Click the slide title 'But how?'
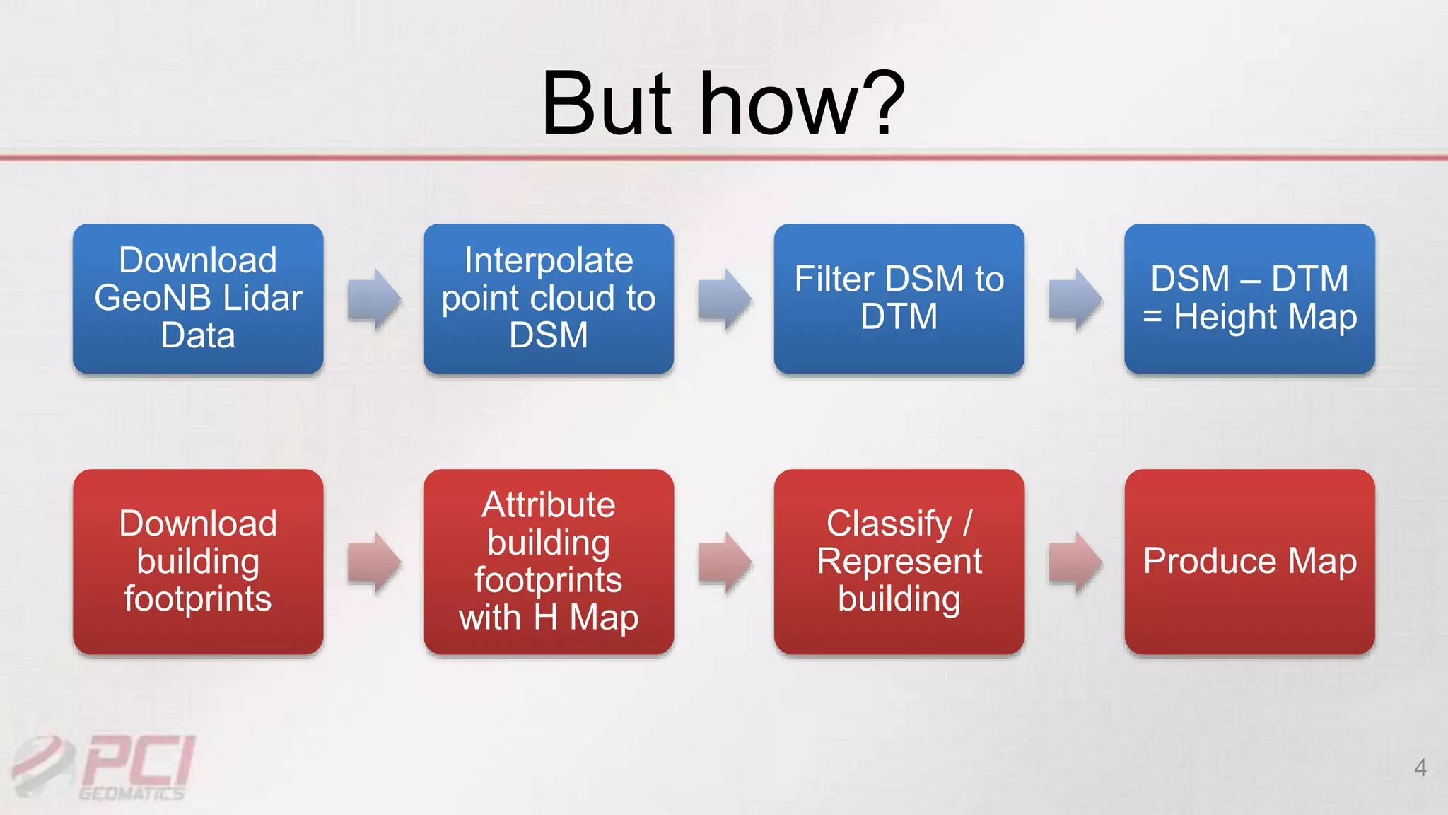tap(723, 104)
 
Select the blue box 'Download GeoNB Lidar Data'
tap(198, 299)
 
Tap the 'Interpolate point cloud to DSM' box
tap(548, 299)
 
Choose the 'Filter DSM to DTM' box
tap(899, 299)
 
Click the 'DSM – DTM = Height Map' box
tap(1249, 299)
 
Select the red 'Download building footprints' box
tap(198, 561)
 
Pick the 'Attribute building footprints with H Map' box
tap(548, 561)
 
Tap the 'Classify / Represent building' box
tap(899, 561)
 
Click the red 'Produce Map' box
tap(1249, 561)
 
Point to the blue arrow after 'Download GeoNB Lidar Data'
tap(374, 299)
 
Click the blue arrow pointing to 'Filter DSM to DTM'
tap(724, 299)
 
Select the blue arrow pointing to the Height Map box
tap(1075, 299)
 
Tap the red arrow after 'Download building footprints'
tap(374, 562)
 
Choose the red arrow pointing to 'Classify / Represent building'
tap(724, 562)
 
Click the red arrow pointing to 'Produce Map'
tap(1075, 562)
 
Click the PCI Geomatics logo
tap(106, 768)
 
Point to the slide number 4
tap(1420, 768)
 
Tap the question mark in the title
tap(884, 104)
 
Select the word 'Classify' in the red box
tap(889, 524)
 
